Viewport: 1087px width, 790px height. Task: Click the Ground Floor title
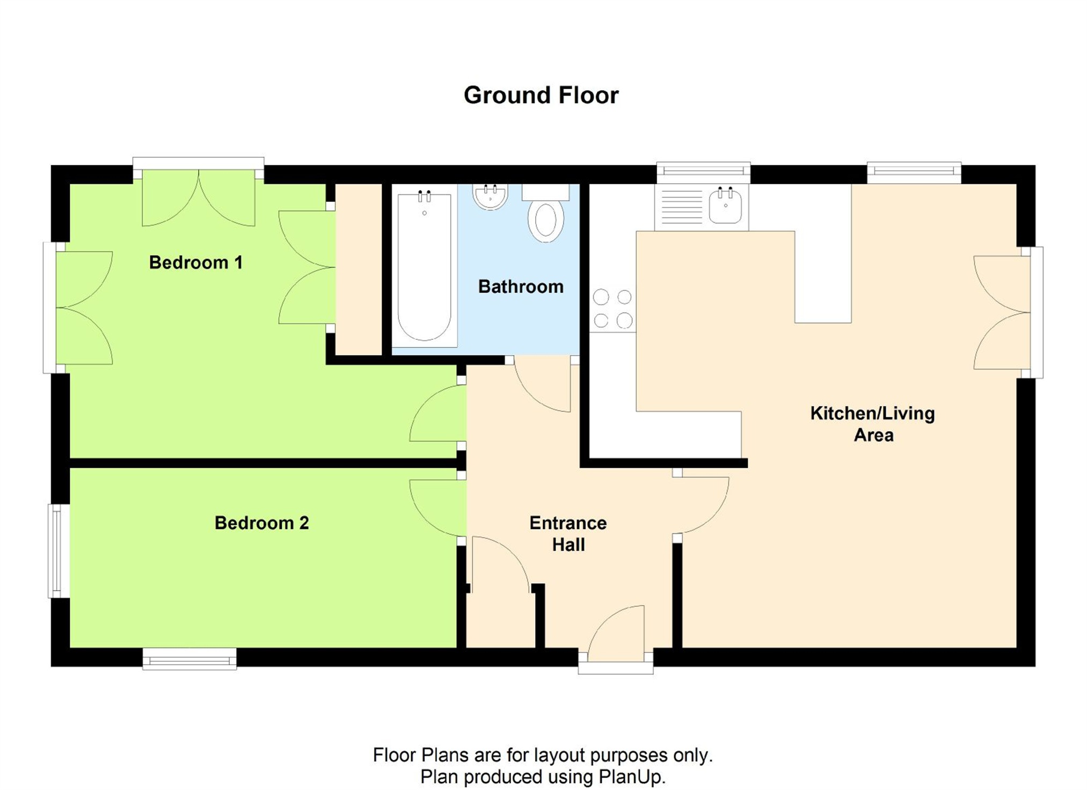pos(541,95)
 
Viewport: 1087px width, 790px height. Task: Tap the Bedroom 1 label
pos(196,263)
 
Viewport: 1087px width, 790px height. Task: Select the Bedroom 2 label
pos(262,523)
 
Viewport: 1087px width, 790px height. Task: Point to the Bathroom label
pos(521,286)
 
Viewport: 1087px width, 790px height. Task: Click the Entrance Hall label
pos(568,533)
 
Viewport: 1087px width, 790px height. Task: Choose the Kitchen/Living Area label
pos(873,424)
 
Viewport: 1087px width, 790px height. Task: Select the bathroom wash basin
pos(490,197)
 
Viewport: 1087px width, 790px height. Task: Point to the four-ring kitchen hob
pos(612,309)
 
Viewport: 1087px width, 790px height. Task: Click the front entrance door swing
pos(616,629)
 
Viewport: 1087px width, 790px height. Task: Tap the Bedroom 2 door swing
pos(438,508)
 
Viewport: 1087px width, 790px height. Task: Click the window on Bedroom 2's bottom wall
pos(189,658)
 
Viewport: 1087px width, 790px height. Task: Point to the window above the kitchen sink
pos(703,172)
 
